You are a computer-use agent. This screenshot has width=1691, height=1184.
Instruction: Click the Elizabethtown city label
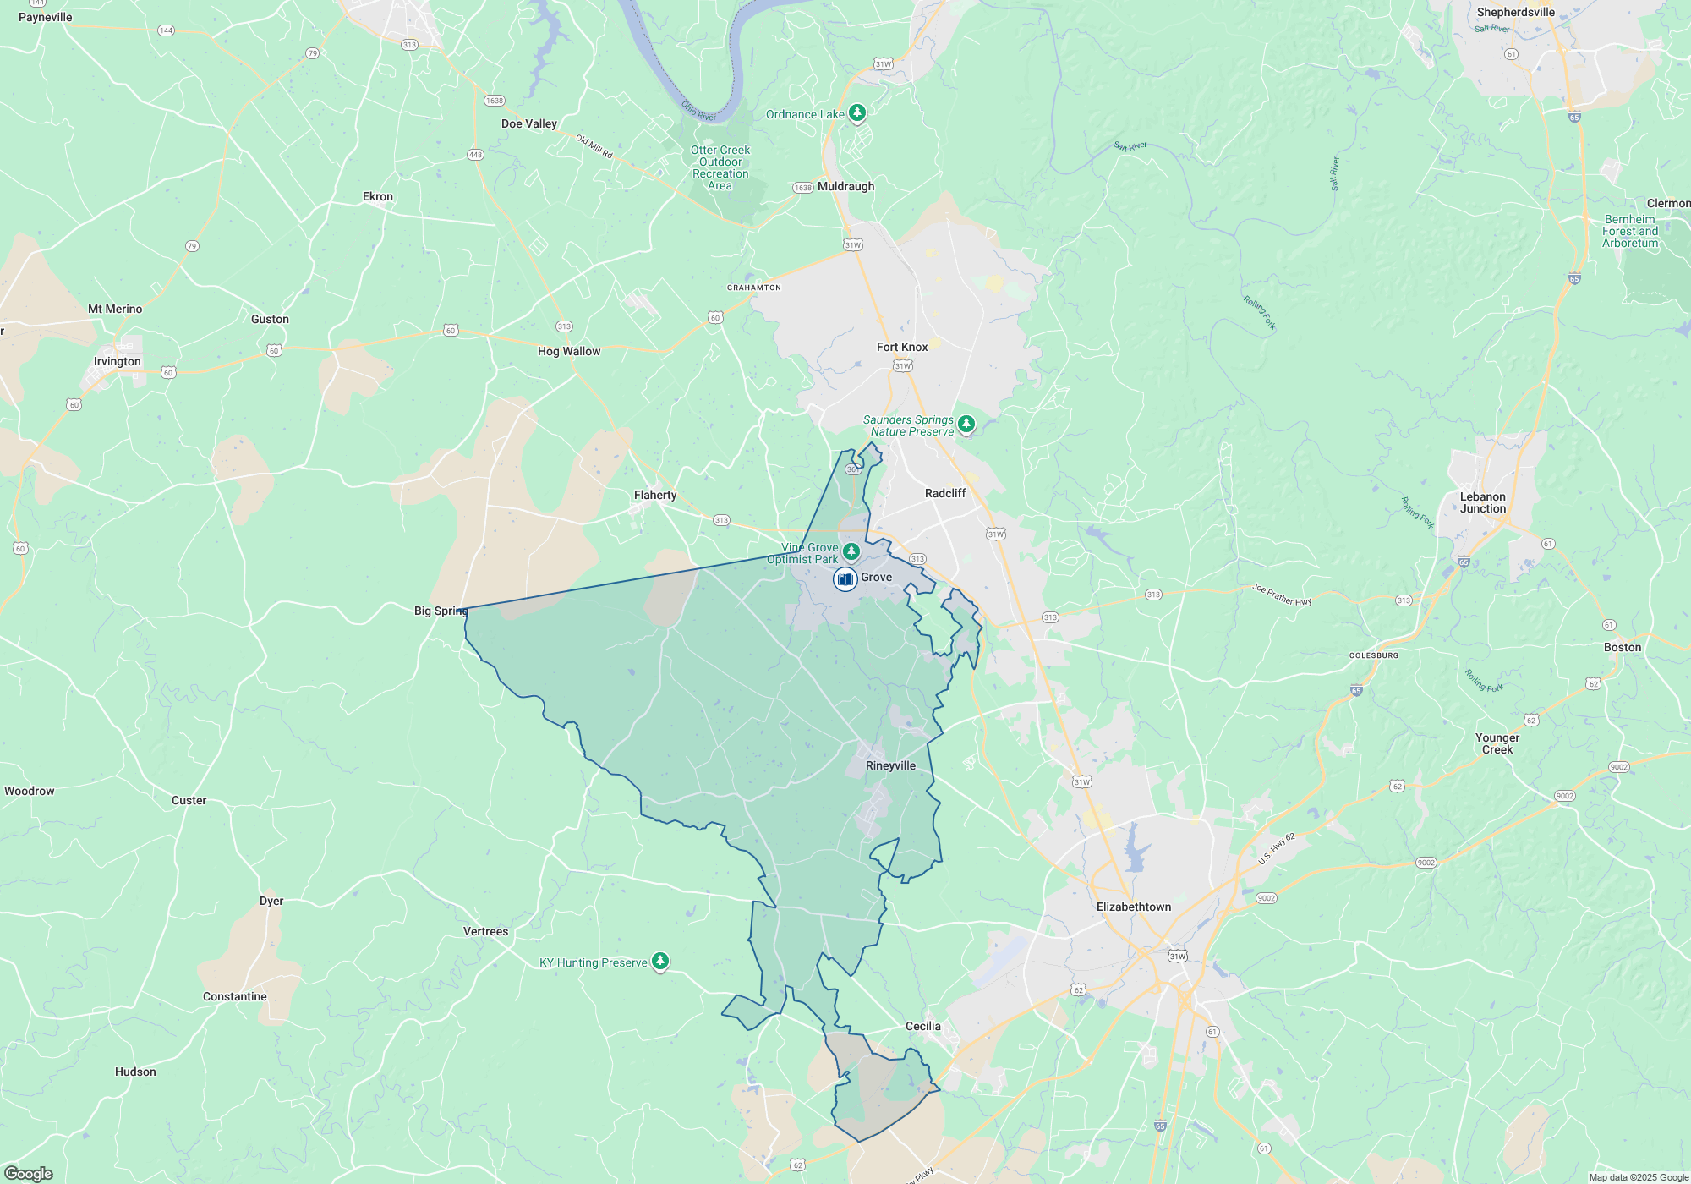[1134, 907]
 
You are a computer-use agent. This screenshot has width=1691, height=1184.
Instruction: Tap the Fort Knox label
[902, 347]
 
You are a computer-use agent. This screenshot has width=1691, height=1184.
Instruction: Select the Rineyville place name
[890, 765]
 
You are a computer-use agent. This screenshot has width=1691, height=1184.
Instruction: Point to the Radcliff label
[945, 493]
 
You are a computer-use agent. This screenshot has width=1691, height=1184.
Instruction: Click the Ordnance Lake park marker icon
[857, 112]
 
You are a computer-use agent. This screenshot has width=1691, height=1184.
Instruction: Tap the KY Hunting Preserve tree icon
[660, 961]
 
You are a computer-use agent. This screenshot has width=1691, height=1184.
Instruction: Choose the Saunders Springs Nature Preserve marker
[966, 423]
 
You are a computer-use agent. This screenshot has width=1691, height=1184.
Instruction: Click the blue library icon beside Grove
[845, 579]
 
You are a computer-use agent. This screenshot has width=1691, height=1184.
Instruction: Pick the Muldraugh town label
[845, 186]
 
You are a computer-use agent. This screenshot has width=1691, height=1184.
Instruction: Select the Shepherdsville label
[1515, 12]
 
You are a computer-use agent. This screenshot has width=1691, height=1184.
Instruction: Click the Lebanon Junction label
[1483, 502]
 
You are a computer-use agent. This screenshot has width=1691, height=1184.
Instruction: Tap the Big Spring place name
[441, 611]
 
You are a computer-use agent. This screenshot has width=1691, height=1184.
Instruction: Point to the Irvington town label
[118, 361]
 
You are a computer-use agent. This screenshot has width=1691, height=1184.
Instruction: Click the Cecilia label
[922, 1026]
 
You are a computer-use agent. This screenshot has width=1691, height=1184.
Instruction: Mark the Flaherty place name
[655, 495]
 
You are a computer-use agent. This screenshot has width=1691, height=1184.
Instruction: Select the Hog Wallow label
[569, 351]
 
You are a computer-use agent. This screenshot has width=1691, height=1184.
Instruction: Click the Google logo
[29, 1173]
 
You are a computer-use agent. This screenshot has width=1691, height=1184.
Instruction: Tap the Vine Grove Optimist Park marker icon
[851, 551]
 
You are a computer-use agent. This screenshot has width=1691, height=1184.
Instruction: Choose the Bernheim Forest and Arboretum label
[1630, 231]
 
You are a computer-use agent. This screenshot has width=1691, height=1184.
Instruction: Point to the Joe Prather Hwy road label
[1282, 595]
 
